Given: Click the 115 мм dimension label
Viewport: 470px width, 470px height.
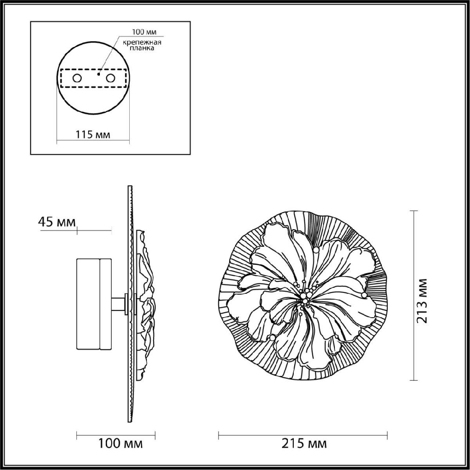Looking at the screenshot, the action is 93,135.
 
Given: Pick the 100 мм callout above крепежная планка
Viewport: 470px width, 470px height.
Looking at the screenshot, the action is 144,32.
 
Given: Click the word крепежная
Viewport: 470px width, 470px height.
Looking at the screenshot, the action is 142,43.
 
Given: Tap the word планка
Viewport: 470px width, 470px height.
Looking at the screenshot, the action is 142,48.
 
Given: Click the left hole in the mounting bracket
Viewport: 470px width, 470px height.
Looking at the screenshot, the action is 77,78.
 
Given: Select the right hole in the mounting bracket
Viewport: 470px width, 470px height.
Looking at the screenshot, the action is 110,78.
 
